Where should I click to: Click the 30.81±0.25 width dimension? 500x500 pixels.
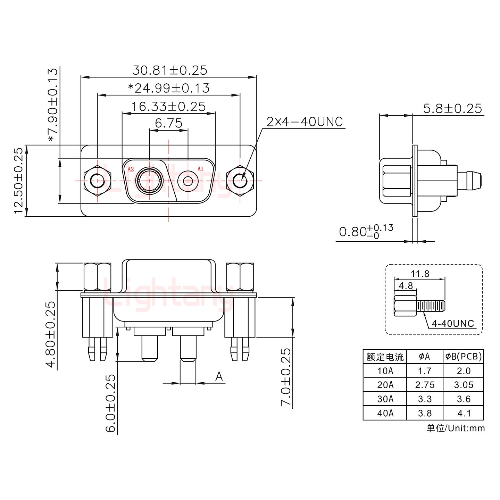(169, 70)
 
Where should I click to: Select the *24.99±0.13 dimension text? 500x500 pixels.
(169, 88)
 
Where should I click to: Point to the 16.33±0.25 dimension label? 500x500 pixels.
(168, 107)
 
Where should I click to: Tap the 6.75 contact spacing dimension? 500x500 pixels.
(169, 123)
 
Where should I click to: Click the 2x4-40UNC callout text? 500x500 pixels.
(305, 122)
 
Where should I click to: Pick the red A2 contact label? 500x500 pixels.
(131, 169)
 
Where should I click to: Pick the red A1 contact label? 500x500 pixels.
(200, 169)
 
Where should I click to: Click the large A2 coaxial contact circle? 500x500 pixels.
(149, 181)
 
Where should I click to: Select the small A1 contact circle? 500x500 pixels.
(188, 181)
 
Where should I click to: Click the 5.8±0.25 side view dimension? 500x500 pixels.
(452, 109)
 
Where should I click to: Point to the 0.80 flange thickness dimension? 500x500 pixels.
(366, 232)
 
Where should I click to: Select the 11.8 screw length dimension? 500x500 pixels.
(420, 274)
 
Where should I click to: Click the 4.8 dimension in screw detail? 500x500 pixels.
(406, 286)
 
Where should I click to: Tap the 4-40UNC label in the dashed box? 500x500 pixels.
(453, 324)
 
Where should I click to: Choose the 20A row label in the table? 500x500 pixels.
(385, 385)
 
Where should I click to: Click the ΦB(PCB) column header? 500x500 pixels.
(463, 356)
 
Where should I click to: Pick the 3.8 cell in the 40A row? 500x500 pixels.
(424, 413)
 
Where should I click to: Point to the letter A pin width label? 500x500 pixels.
(219, 376)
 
